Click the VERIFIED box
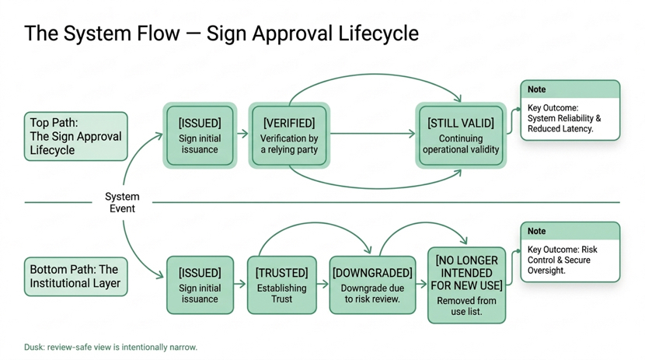coord(289,135)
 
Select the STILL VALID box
coord(461,135)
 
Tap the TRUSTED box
coord(282,285)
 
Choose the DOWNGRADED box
coord(372,285)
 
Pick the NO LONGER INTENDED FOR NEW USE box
coord(466,285)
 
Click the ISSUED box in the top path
coord(200,135)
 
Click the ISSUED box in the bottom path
coord(200,285)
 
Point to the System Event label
coord(122,202)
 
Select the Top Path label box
coord(75,136)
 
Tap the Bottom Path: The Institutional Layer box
coord(75,277)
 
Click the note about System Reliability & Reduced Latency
coord(570,110)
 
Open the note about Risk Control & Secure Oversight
coord(570,252)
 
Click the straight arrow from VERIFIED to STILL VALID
coord(373,133)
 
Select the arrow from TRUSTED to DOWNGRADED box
coord(323,284)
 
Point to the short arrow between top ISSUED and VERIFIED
coord(242,133)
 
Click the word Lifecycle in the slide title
coord(378,33)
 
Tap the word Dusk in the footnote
coord(33,347)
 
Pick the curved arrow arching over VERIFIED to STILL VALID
coord(375,75)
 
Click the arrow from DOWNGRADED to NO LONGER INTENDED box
coord(422,284)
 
